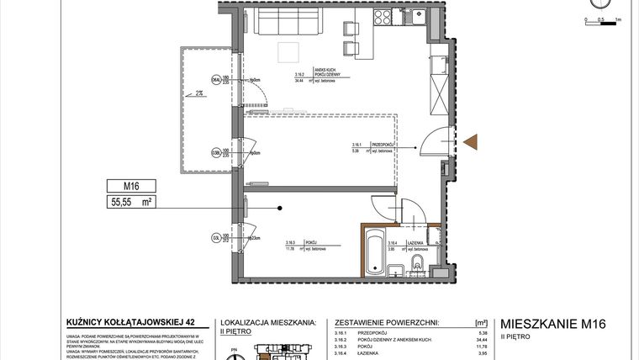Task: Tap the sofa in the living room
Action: pyautogui.click(x=288, y=23)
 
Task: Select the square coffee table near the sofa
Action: pyautogui.click(x=290, y=51)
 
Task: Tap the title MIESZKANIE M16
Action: pyautogui.click(x=552, y=322)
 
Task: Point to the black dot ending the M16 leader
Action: pyautogui.click(x=280, y=209)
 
